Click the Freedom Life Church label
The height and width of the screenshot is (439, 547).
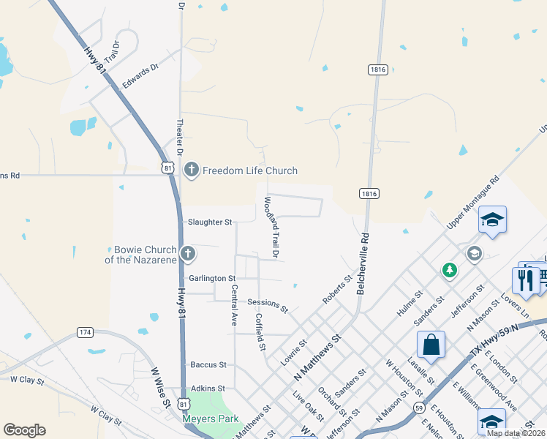[x=250, y=171]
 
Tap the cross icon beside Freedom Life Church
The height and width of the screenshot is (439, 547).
[x=192, y=170]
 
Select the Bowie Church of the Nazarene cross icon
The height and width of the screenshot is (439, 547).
[x=188, y=254]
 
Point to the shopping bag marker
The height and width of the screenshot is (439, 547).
[x=431, y=345]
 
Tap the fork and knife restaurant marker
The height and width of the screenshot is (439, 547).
[x=526, y=279]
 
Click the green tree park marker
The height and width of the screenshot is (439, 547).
[x=449, y=271]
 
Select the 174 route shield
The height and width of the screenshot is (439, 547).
[x=86, y=333]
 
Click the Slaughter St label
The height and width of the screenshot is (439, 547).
[x=210, y=222]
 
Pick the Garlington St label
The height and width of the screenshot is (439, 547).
[x=212, y=279]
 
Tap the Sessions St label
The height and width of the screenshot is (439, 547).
[x=268, y=302]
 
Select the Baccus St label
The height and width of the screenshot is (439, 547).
[x=209, y=364]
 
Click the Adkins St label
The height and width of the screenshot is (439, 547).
[x=208, y=389]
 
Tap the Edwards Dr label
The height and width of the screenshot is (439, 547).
[x=140, y=76]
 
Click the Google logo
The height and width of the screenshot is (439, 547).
[x=24, y=430]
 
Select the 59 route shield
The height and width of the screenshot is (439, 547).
[x=419, y=407]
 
